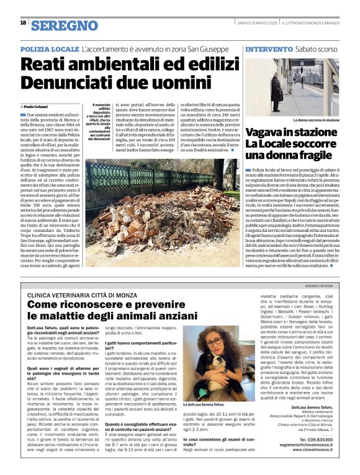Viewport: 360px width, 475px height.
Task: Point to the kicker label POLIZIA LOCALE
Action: point(50,48)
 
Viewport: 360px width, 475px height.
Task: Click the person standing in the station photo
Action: point(277,91)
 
